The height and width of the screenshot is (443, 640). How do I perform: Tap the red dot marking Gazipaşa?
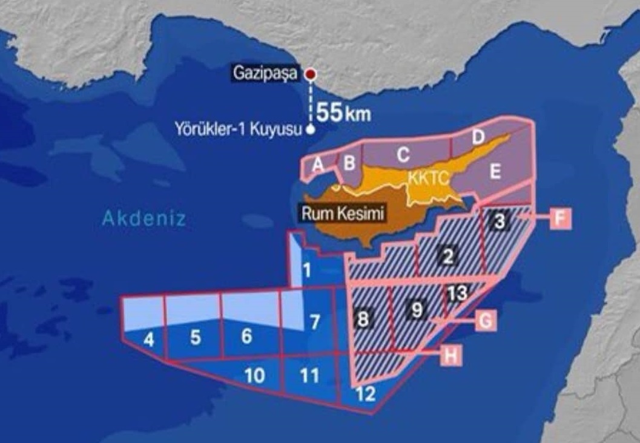click(x=311, y=74)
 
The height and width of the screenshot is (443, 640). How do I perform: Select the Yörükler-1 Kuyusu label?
click(x=237, y=128)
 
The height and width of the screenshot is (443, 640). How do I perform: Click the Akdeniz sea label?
click(x=144, y=218)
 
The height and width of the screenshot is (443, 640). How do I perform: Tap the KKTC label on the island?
click(x=426, y=179)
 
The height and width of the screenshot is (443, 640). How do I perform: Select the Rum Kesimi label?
click(x=343, y=214)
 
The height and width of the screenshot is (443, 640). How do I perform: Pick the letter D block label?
click(x=478, y=137)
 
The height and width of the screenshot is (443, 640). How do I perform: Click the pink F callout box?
click(x=560, y=218)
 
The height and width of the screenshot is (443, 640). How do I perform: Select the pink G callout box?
click(x=486, y=321)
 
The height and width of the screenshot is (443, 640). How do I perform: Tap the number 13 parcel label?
click(x=458, y=294)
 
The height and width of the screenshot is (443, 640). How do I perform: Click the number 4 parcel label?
click(x=148, y=340)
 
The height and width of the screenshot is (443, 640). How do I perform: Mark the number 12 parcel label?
click(x=366, y=395)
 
